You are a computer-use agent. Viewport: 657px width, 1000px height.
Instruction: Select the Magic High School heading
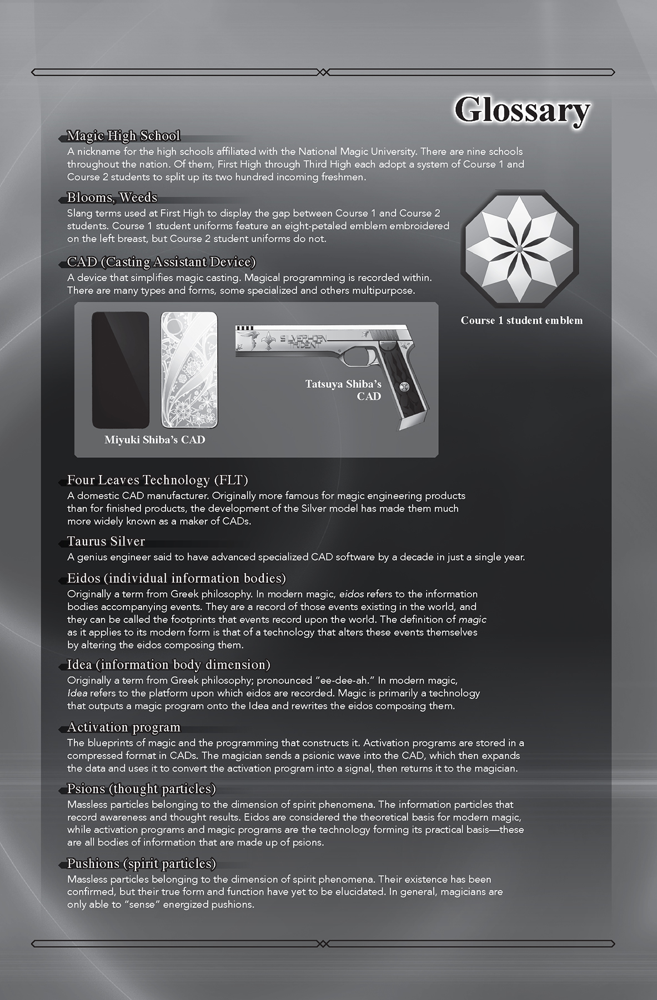coord(123,136)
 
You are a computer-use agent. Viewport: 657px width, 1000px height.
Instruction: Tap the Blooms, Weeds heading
coord(112,198)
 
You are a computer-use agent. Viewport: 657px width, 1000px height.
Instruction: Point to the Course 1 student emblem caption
coord(521,321)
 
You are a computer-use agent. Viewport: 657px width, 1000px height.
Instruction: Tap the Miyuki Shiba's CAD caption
coord(155,440)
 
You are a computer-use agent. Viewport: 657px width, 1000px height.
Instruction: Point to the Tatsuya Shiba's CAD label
coord(343,390)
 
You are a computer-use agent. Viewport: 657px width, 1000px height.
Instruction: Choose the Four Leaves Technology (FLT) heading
coord(158,480)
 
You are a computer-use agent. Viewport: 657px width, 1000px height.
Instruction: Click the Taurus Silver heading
coord(106,542)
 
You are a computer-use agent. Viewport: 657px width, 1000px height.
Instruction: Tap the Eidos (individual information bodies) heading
coord(177,578)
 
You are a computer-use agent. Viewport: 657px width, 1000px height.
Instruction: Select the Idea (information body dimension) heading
coord(169,665)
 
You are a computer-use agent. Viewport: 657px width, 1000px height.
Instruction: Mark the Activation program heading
coord(124,727)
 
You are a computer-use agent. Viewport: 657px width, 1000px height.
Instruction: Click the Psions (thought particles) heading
coord(142,789)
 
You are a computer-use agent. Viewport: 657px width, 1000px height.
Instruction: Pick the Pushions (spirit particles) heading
coord(142,864)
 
